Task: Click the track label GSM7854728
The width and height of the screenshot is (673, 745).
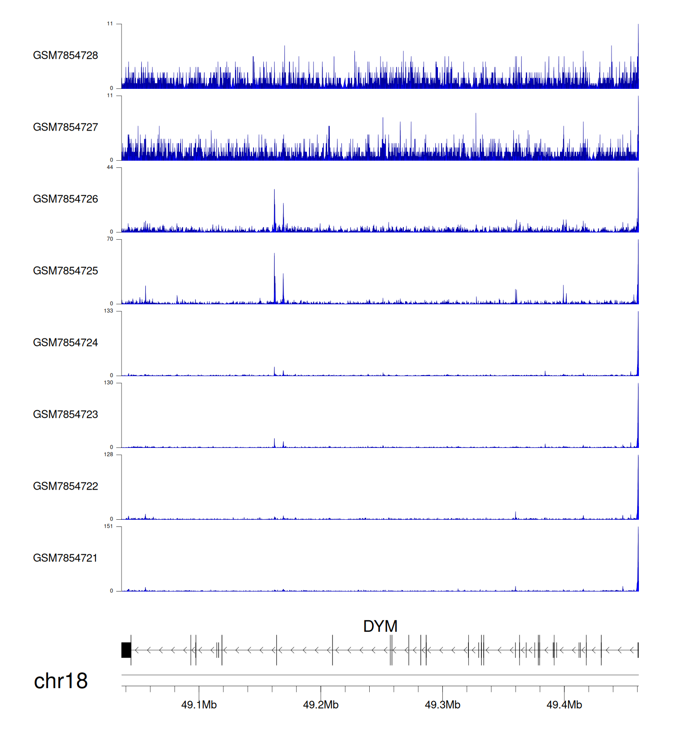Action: (x=66, y=55)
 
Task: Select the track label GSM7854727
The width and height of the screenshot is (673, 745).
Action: (x=66, y=127)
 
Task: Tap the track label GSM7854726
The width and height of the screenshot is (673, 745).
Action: (x=66, y=199)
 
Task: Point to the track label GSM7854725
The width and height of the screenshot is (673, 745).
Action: (x=66, y=271)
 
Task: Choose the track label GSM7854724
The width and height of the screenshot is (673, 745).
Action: (x=66, y=342)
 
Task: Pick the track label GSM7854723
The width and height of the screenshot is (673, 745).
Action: (x=66, y=414)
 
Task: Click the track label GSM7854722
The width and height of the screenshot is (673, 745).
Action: (x=66, y=486)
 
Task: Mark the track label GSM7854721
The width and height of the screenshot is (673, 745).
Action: (x=66, y=558)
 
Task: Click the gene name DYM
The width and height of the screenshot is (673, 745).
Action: (x=380, y=626)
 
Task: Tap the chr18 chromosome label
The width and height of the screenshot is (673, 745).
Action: (x=61, y=681)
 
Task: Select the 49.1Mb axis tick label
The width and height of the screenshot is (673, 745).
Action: (x=199, y=705)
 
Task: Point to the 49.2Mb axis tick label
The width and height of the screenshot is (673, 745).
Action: (x=321, y=705)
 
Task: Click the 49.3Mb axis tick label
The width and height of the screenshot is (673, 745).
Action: (x=442, y=705)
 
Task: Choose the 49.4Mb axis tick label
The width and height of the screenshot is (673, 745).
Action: (x=564, y=705)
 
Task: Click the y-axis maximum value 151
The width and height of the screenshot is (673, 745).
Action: (x=109, y=526)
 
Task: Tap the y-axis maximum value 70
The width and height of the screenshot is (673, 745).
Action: (x=110, y=239)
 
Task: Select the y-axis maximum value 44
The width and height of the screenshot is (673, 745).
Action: (x=110, y=167)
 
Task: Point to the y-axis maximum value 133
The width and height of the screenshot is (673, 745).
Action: (x=109, y=311)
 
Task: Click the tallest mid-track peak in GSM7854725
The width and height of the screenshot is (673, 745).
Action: (x=275, y=269)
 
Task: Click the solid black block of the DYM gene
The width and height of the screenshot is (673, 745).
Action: (x=126, y=650)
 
